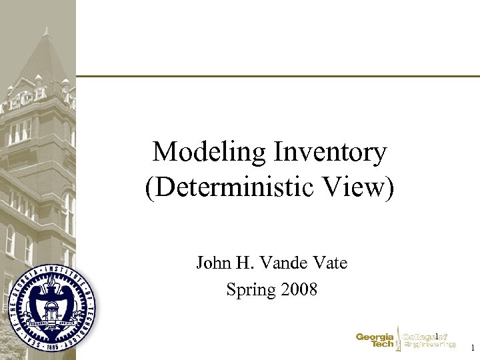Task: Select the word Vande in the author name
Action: (x=282, y=263)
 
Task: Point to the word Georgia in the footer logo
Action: (x=374, y=337)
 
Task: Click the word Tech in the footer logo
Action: (x=382, y=345)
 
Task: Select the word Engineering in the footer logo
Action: (x=429, y=345)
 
